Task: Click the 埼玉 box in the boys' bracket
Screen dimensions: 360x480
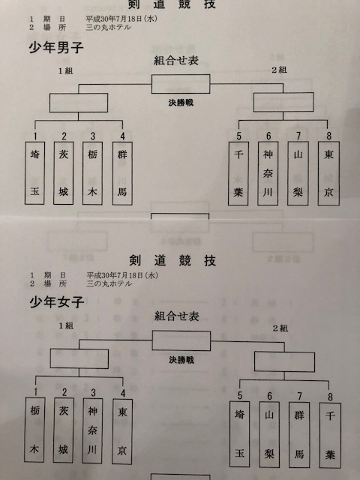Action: tap(34, 173)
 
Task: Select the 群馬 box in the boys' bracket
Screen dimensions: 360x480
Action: tap(122, 173)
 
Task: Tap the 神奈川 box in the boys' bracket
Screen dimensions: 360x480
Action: tap(268, 173)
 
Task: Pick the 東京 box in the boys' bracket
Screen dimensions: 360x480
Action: tap(328, 173)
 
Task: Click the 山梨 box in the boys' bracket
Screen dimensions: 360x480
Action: tap(298, 173)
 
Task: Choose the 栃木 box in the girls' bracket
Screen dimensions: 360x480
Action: tap(34, 430)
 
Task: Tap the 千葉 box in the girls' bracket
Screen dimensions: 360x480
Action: tap(330, 435)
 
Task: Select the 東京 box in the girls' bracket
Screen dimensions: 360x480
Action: tap(122, 431)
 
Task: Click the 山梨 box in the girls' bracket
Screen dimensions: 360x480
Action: tap(269, 434)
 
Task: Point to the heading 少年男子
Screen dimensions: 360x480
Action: tap(56, 48)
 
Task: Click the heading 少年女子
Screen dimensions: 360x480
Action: tap(57, 302)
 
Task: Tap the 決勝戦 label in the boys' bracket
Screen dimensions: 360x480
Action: tap(181, 103)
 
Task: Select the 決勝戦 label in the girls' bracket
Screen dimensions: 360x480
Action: tap(181, 360)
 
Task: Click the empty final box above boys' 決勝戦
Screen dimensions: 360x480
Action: tap(181, 84)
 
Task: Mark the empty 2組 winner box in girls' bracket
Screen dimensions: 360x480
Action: tap(284, 361)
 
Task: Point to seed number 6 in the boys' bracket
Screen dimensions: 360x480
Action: tap(268, 136)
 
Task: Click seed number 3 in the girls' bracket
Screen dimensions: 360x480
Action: tap(93, 392)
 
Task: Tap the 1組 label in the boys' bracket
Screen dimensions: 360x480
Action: tap(66, 71)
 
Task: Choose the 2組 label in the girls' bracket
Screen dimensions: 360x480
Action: tap(280, 328)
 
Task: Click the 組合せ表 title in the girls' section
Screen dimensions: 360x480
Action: tap(177, 316)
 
